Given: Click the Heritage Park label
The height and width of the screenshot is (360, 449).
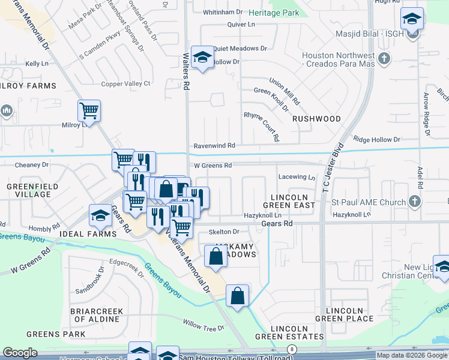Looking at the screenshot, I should click(x=273, y=13).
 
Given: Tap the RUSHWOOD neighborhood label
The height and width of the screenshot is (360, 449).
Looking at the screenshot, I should click(x=316, y=119).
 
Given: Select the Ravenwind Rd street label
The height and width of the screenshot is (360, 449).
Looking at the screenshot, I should click(x=214, y=146).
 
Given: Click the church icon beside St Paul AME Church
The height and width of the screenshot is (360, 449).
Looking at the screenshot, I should click(x=414, y=202).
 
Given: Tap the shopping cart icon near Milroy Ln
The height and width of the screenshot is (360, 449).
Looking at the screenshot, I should click(x=89, y=110).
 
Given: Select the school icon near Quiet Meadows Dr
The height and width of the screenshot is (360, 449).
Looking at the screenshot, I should click(x=202, y=58).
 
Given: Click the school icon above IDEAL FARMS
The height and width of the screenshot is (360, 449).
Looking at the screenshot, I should click(x=100, y=215).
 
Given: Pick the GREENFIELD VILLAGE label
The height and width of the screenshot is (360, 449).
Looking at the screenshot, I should click(x=29, y=190).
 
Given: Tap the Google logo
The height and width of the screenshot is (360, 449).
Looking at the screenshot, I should click(x=20, y=353).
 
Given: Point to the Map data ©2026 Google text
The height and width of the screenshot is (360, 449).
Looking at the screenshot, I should click(x=412, y=355).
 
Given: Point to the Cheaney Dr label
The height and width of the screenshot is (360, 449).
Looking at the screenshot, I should click(x=31, y=164).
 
